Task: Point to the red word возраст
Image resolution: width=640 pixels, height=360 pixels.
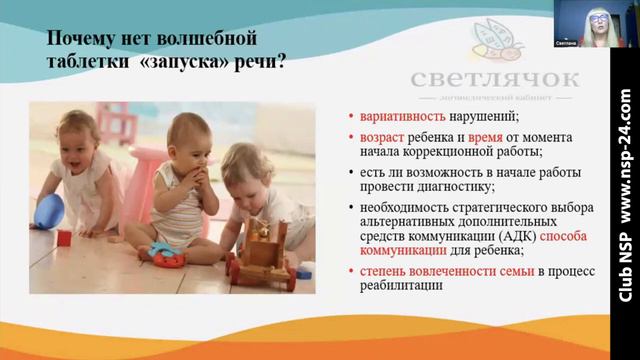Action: tap(374, 135)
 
